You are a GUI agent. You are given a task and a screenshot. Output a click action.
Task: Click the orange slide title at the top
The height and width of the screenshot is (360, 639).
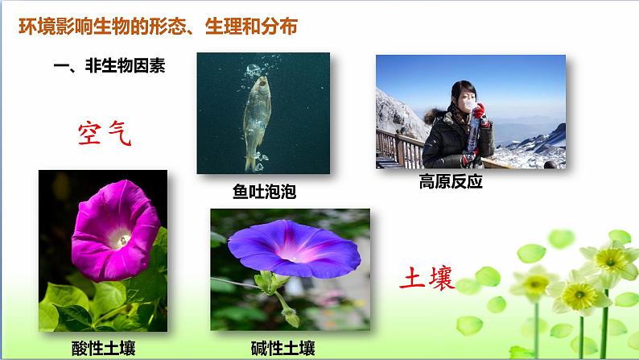[x=158, y=27]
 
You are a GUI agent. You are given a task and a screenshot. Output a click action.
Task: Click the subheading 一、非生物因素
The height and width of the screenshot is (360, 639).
[x=109, y=66]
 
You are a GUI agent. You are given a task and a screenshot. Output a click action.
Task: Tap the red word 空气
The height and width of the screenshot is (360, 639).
[x=105, y=133]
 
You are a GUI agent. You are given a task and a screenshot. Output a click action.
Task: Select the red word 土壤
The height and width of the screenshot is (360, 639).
[x=427, y=278]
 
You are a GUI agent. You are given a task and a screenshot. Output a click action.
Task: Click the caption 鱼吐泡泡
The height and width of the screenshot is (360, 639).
[x=264, y=191]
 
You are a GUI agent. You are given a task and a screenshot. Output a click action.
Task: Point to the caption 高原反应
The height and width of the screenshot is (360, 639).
[x=451, y=181]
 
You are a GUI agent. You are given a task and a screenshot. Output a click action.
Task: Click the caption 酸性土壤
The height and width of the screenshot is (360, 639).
[x=104, y=348]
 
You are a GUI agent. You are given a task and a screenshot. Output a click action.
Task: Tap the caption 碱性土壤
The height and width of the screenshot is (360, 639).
[x=282, y=348]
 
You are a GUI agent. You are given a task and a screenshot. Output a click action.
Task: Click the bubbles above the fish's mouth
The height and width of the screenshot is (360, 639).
[x=254, y=70]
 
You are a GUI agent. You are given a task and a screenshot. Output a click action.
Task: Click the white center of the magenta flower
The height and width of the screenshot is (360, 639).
[x=119, y=240]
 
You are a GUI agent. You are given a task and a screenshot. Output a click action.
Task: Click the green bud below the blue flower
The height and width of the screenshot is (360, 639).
[x=291, y=317]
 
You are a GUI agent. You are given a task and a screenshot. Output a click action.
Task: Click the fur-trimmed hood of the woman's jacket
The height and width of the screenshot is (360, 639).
[x=435, y=116]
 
